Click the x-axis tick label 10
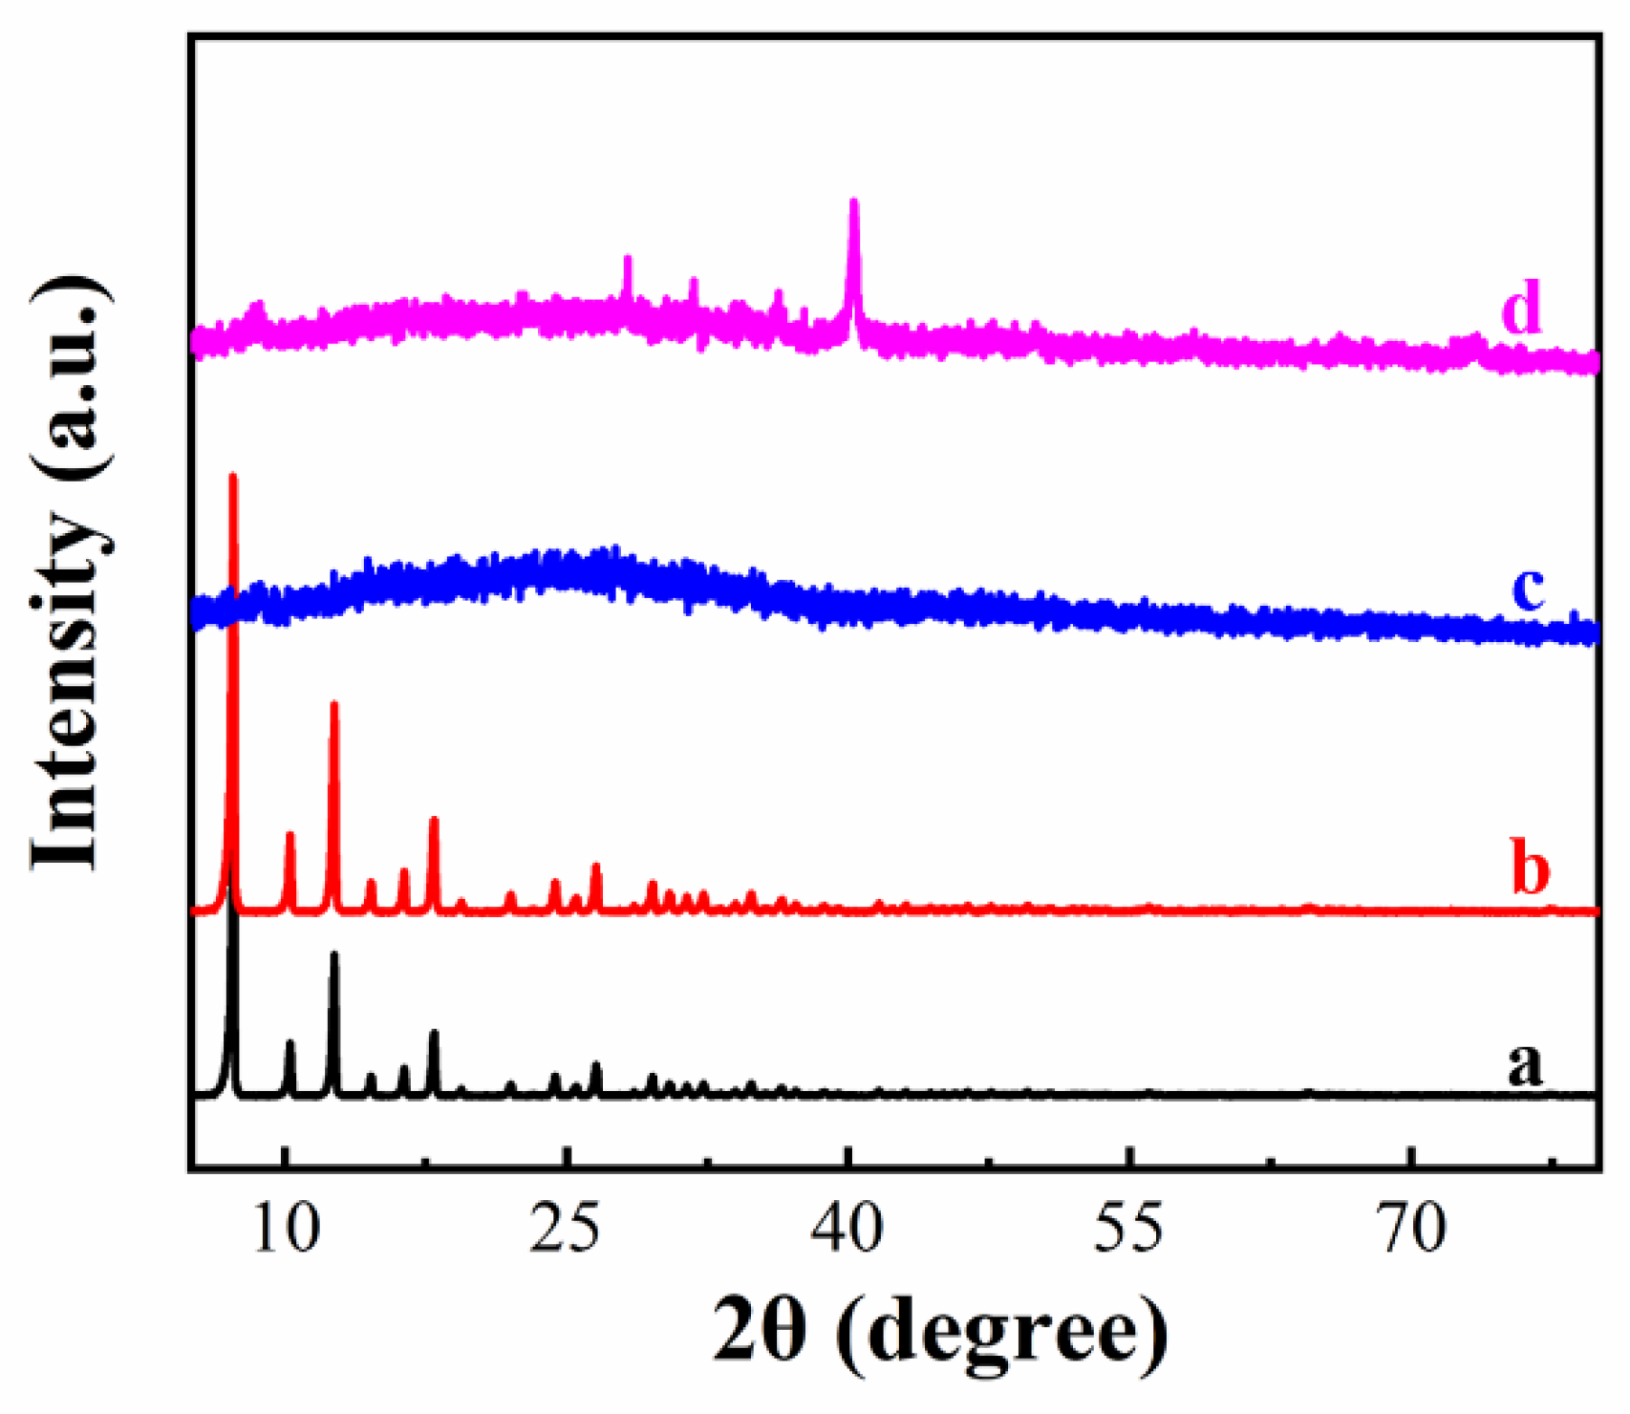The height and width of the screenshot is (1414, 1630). (x=285, y=1229)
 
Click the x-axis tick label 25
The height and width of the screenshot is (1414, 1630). (x=566, y=1229)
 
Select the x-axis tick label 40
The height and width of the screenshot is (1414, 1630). (x=847, y=1229)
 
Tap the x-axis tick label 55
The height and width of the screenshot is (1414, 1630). (x=1129, y=1229)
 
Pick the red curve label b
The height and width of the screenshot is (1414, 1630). (x=1530, y=867)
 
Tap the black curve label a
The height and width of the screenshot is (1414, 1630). (x=1525, y=1062)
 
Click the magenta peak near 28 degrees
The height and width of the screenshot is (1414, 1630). (x=628, y=259)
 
